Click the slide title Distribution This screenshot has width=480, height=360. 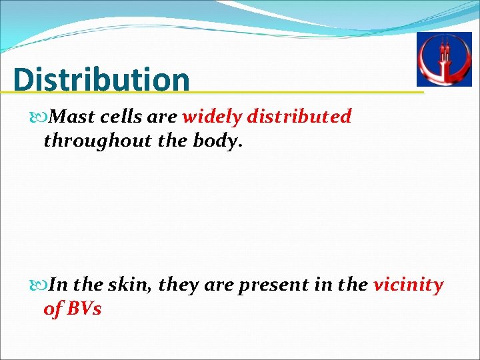click(101, 79)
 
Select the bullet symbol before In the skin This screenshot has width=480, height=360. click(44, 285)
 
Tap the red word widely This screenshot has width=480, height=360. click(212, 117)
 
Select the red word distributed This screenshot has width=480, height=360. click(299, 117)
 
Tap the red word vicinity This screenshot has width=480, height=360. click(408, 285)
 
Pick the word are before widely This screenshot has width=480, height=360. click(162, 117)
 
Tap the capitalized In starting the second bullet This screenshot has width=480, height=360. click(59, 285)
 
